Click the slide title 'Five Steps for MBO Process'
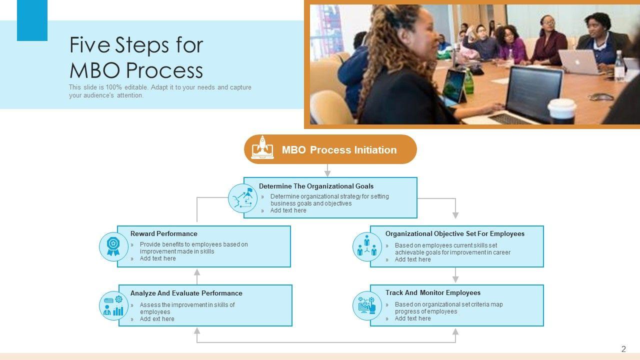pos(136,57)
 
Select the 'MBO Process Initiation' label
pos(339,150)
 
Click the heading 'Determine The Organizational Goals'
pos(316,186)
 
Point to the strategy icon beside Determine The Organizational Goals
pos(243,198)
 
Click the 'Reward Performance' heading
pos(163,233)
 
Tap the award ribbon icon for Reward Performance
pos(113,246)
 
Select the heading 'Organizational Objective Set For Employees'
pos(454,233)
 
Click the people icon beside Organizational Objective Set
pos(367,246)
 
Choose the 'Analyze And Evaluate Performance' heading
pos(186,293)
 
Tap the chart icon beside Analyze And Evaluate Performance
pos(113,305)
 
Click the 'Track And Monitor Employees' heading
pos(432,292)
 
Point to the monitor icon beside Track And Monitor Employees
pos(367,305)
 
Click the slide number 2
pos(623,349)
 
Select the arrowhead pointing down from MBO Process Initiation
pos(327,173)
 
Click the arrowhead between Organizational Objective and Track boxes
pos(455,279)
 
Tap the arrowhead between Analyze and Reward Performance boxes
pos(197,273)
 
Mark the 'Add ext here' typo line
pos(157,319)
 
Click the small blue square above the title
pos(32,20)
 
